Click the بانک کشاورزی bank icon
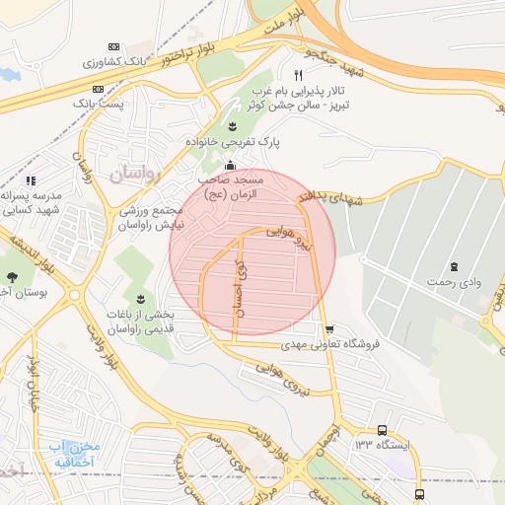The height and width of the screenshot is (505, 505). point(113,47)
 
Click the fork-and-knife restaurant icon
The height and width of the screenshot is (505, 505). point(298,75)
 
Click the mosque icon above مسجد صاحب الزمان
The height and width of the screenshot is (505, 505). point(230,165)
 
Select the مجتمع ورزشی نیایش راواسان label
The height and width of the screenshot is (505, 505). point(151,218)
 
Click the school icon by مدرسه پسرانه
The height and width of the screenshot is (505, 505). point(31,180)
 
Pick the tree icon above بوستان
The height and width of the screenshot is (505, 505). point(12,278)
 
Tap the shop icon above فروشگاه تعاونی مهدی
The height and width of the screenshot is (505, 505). point(328,328)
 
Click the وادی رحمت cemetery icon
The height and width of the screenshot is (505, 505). point(454,266)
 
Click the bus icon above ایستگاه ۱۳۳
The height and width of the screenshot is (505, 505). point(382,430)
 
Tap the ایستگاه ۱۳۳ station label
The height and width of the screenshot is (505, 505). point(382,446)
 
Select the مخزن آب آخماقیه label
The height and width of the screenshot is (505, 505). point(74,454)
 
